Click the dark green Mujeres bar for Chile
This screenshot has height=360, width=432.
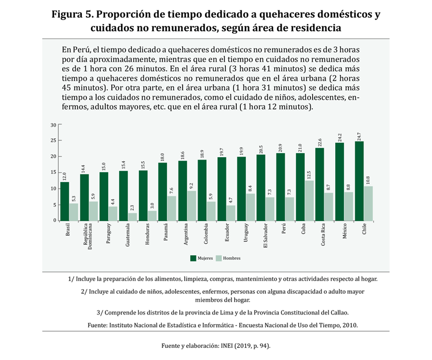(359, 181)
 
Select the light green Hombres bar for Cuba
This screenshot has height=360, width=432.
(309, 200)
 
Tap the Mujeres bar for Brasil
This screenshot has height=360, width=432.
(65, 201)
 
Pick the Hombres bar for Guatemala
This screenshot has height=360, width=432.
(132, 217)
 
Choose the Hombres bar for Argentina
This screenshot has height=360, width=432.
(192, 206)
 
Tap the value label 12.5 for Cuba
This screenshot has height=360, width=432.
(309, 175)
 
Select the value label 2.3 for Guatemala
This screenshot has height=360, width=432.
(132, 207)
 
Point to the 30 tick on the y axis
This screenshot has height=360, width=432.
(53, 124)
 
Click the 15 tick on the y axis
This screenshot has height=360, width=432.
(53, 172)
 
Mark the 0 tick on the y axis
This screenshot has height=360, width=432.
(55, 221)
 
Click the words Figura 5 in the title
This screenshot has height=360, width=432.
(72, 14)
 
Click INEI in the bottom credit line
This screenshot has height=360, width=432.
(224, 346)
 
